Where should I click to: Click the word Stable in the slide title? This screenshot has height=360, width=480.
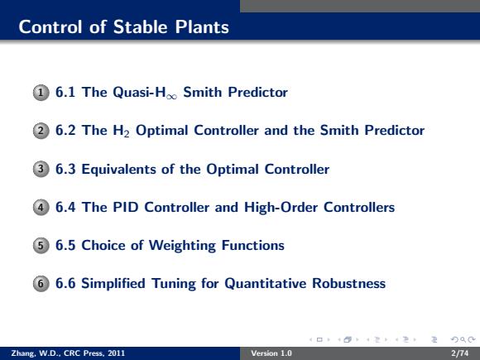click(x=141, y=27)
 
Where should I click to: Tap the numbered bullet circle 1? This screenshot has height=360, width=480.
click(x=41, y=93)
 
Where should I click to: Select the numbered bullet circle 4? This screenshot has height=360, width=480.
click(x=41, y=208)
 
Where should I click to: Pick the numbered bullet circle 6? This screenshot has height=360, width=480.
click(x=41, y=284)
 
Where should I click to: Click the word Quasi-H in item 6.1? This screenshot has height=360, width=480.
click(x=139, y=93)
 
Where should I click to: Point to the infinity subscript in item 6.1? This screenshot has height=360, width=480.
click(x=172, y=97)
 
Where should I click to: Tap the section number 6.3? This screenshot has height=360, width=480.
click(x=65, y=169)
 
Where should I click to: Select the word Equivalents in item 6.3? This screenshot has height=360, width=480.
click(x=119, y=170)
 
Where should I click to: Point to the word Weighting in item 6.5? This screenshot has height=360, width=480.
click(x=182, y=246)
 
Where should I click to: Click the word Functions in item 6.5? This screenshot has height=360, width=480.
click(x=253, y=245)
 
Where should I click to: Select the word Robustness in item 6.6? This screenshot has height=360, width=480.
click(x=349, y=283)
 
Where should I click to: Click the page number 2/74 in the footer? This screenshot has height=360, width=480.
click(x=460, y=353)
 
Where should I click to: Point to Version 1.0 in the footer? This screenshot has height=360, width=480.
click(x=271, y=353)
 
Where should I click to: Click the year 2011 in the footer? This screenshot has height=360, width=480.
click(x=117, y=353)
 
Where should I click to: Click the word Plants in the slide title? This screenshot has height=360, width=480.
click(x=202, y=27)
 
